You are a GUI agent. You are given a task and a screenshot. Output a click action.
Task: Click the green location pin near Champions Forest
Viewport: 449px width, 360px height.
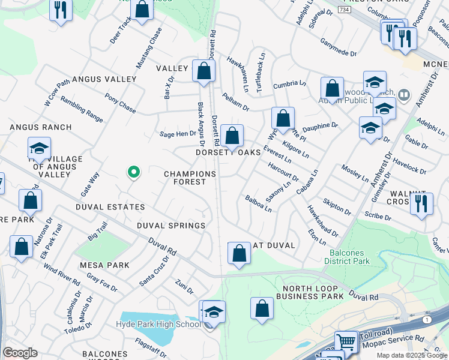134,172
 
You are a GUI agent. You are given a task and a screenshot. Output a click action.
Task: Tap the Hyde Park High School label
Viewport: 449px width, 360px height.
159,325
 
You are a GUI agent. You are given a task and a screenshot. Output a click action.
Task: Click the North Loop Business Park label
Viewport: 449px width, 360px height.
312,292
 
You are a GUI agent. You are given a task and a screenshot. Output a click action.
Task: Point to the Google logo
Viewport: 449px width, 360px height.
20,353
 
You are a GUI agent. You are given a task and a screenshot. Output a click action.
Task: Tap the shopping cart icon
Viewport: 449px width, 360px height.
346,343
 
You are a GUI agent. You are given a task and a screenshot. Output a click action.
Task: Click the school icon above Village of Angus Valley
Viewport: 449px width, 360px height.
39,148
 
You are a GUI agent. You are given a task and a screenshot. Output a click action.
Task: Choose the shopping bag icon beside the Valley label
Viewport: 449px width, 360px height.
204,70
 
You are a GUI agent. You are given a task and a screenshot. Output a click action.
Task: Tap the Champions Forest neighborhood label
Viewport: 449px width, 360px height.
190,178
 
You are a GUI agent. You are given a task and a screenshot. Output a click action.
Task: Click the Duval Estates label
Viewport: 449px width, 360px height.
110,207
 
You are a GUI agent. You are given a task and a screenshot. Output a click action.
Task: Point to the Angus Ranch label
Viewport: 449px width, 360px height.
40,127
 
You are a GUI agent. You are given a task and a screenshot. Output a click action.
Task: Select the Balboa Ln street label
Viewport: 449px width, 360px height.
258,203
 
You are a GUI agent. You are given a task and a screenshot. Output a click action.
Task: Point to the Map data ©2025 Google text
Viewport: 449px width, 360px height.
412,355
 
